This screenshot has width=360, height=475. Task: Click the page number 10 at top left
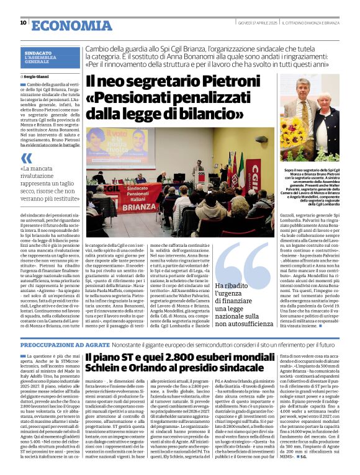coord(23,22)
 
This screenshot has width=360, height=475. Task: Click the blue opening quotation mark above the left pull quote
coord(26,158)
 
